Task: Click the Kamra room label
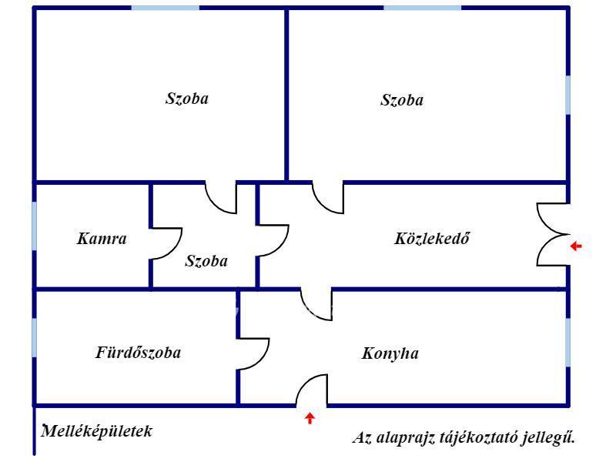(102, 239)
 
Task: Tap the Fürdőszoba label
(139, 353)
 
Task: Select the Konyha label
(390, 353)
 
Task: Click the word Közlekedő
(432, 239)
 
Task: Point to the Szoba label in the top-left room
(187, 99)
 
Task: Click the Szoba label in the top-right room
(402, 100)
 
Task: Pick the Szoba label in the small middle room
(206, 261)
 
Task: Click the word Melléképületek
(97, 431)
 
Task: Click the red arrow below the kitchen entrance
(310, 418)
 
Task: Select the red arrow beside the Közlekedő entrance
(576, 246)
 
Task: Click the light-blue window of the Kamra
(34, 226)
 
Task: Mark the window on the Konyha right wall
(568, 342)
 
